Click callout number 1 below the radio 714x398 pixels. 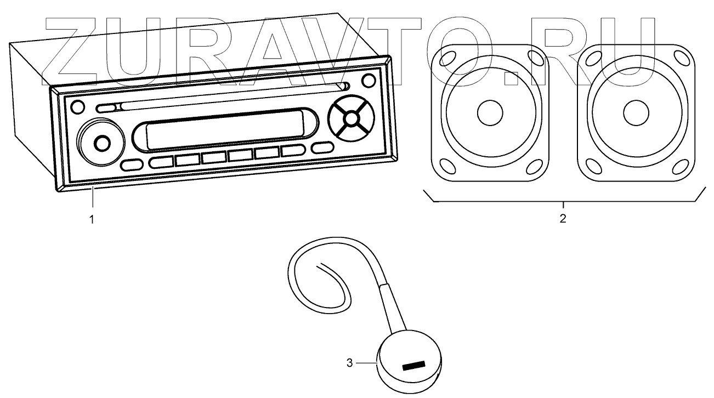click(x=92, y=219)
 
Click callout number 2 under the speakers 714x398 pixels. click(x=563, y=219)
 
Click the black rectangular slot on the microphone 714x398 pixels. click(x=414, y=366)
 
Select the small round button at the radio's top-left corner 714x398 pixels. click(x=78, y=106)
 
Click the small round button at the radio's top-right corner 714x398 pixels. click(x=369, y=79)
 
